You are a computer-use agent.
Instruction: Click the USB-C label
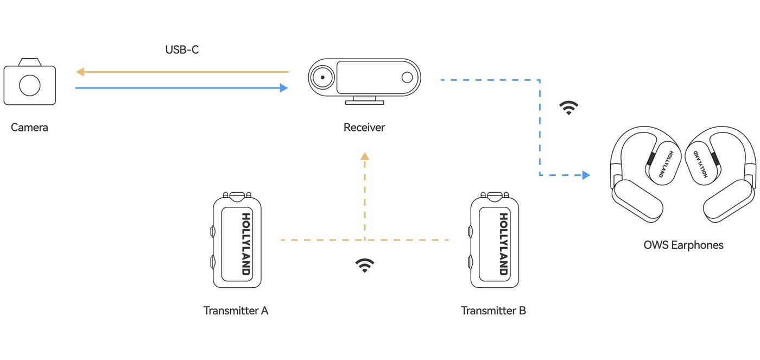[182, 50]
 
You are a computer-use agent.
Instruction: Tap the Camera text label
[29, 128]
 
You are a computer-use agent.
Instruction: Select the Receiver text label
[364, 128]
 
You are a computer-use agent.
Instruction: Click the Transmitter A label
[236, 311]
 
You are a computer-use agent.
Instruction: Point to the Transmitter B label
[493, 311]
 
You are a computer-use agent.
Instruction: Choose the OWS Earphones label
[683, 245]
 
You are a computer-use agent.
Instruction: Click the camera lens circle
[30, 85]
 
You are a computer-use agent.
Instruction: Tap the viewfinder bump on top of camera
[30, 62]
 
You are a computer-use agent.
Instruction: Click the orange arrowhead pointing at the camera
[80, 72]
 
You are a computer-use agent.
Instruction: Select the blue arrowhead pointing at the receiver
[284, 88]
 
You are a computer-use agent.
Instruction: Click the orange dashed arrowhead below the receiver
[365, 156]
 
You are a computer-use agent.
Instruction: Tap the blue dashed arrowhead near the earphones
[586, 175]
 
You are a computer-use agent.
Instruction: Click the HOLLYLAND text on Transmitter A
[246, 244]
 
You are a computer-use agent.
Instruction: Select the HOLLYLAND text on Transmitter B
[504, 244]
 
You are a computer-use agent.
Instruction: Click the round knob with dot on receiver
[322, 77]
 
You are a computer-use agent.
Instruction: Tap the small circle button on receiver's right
[407, 77]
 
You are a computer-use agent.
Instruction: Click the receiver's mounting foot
[364, 100]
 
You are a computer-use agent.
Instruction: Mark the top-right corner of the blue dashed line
[540, 80]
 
